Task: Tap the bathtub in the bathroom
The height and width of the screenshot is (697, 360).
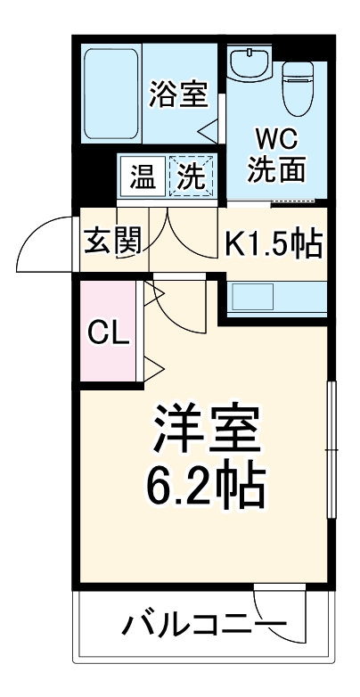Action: (110, 94)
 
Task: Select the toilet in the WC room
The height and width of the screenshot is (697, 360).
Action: (298, 86)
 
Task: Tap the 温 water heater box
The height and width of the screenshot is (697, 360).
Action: (141, 176)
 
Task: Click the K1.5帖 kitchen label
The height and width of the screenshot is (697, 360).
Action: (272, 242)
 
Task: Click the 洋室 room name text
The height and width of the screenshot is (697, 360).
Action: (207, 430)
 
